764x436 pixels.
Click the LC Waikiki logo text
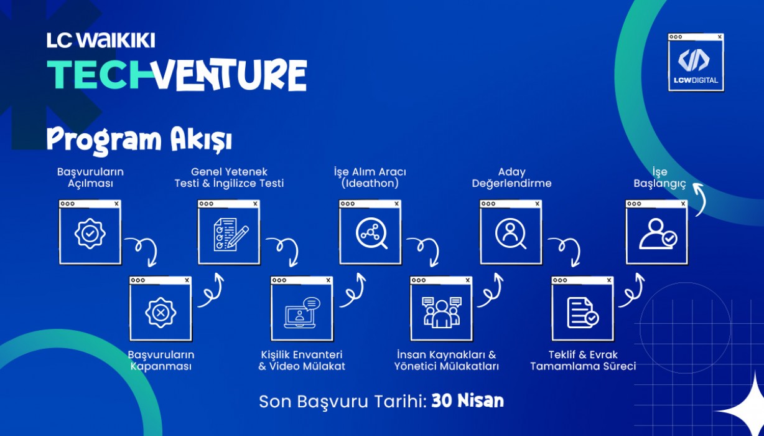101,40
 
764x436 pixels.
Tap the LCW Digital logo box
696,62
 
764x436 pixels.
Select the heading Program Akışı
139,140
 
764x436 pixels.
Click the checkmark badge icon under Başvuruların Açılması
90,234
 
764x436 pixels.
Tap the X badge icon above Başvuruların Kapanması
161,313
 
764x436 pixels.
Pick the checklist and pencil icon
231,234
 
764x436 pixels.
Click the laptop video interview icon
302,313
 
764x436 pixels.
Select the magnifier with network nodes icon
371,234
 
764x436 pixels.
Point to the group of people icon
442,313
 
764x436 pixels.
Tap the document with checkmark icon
582,313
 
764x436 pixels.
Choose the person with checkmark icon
658,234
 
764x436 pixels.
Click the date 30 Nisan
468,400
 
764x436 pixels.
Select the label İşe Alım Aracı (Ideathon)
370,178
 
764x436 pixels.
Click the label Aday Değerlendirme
511,178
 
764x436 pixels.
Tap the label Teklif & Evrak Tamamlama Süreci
583,361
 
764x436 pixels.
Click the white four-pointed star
743,408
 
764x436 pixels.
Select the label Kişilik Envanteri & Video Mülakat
302,361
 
